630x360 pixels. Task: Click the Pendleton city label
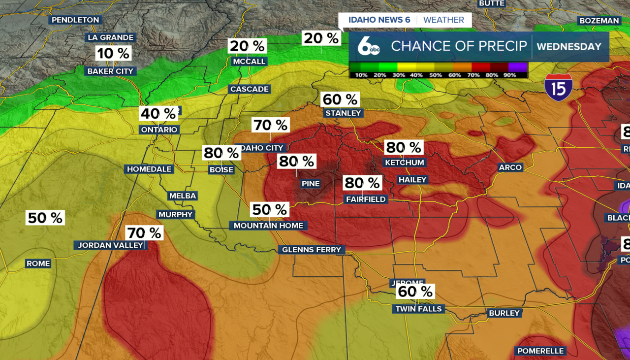point(76,20)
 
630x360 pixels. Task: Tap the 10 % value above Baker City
point(113,53)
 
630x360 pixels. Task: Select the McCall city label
point(249,62)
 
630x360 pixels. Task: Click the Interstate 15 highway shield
point(559,88)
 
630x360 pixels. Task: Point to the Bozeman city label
point(599,21)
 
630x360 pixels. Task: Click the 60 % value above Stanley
point(340,99)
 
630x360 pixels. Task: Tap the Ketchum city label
point(405,163)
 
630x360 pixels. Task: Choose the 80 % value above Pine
point(296,161)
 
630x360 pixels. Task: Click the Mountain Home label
point(269,226)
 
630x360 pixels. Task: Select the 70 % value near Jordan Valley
point(144,232)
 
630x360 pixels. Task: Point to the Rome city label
point(38,263)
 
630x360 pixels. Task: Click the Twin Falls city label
point(419,309)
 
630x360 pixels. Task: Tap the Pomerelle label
point(540,351)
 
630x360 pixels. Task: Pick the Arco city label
point(510,167)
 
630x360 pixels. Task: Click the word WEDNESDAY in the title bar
point(569,47)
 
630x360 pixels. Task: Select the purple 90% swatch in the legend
point(518,67)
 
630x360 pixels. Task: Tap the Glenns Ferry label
point(311,250)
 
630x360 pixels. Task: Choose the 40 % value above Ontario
point(158,114)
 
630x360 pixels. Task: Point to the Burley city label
point(504,313)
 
